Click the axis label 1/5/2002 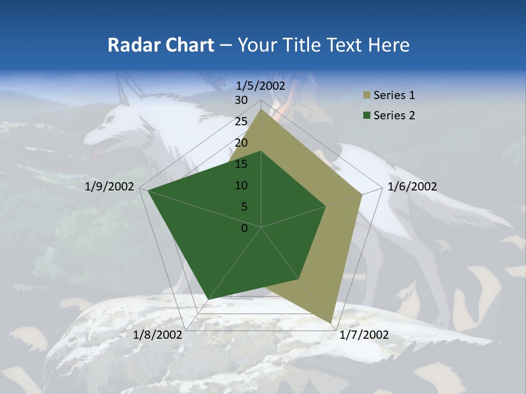pyautogui.click(x=261, y=85)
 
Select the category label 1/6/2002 pyautogui.click(x=412, y=187)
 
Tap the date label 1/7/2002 pyautogui.click(x=364, y=335)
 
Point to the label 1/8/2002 pyautogui.click(x=158, y=335)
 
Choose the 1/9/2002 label pyautogui.click(x=110, y=187)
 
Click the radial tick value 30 pyautogui.click(x=241, y=100)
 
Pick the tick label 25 pyautogui.click(x=241, y=121)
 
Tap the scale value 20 pyautogui.click(x=241, y=143)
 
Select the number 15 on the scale pyautogui.click(x=241, y=164)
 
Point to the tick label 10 pyautogui.click(x=241, y=186)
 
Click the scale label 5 pyautogui.click(x=244, y=207)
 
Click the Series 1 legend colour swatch pyautogui.click(x=366, y=96)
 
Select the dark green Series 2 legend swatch pyautogui.click(x=366, y=115)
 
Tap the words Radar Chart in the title pyautogui.click(x=161, y=45)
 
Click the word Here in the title pyautogui.click(x=389, y=45)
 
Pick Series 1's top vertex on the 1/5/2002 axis pyautogui.click(x=261, y=109)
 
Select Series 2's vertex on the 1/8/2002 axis pyautogui.click(x=208, y=299)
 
